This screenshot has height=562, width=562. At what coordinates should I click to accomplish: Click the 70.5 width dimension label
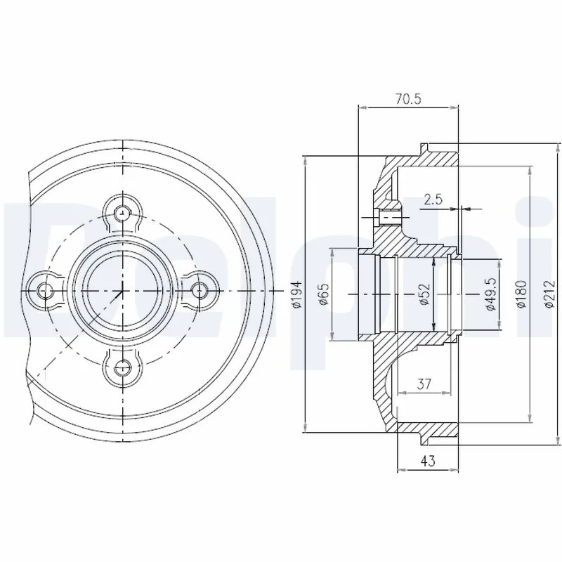click(407, 100)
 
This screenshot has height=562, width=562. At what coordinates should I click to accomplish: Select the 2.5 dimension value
click(433, 200)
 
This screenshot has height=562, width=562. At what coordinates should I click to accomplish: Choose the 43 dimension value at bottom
click(428, 462)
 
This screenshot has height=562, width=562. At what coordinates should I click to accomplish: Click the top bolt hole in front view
click(124, 211)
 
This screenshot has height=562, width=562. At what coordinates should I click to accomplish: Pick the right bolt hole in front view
click(200, 289)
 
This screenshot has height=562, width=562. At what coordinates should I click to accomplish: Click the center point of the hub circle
click(123, 289)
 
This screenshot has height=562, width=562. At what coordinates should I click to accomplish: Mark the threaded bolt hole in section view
click(388, 217)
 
